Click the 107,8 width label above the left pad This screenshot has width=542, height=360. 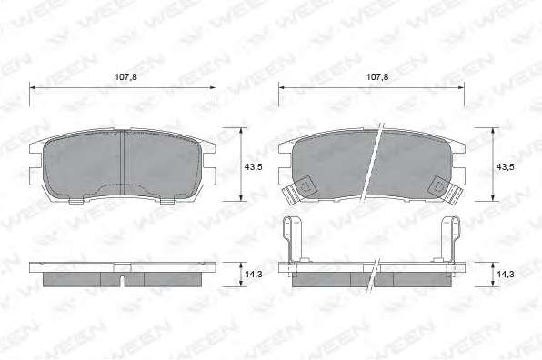coord(125,76)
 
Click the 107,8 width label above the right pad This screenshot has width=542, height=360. coord(377,76)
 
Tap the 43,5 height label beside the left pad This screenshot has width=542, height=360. coord(254,166)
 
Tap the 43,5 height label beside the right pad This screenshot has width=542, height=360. coord(505,166)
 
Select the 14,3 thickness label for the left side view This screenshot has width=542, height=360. coord(254,275)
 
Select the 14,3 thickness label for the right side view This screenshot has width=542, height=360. coord(505,275)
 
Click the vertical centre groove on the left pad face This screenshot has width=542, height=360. coord(122,163)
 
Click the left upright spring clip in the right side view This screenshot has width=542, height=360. coord(291,239)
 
